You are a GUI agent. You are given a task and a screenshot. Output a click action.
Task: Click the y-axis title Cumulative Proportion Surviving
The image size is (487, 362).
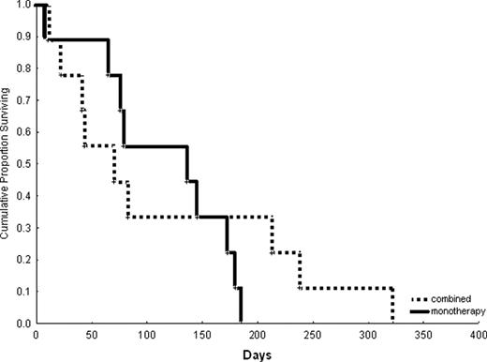point(7,164)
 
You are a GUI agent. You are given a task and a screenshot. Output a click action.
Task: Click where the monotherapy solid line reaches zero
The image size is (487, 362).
point(241,323)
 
